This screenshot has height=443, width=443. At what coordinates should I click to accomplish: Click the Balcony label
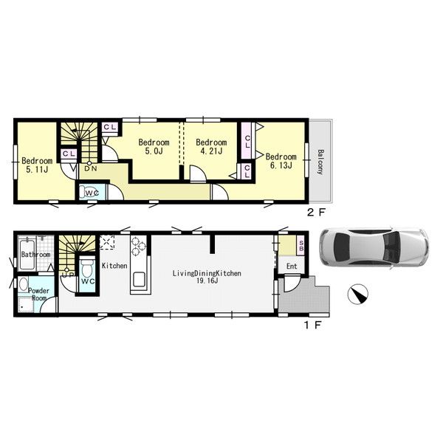(x=320, y=162)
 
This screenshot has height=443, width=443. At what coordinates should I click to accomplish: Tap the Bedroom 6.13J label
(x=281, y=161)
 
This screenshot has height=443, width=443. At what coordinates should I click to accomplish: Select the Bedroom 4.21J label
(x=211, y=146)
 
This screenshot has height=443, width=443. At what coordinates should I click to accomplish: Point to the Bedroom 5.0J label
(x=154, y=146)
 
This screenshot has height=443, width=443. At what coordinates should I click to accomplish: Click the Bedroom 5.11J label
(x=37, y=165)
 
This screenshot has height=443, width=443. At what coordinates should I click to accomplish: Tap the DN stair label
(x=91, y=168)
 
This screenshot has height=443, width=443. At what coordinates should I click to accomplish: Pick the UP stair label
(x=68, y=275)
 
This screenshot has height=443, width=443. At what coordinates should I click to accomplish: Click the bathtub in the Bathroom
(x=27, y=254)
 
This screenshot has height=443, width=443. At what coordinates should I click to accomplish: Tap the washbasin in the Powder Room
(x=23, y=284)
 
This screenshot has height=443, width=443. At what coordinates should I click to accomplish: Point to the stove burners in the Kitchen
(x=138, y=246)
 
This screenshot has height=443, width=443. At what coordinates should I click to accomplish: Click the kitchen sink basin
(x=139, y=279)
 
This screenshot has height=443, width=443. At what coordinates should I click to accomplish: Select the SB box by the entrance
(x=301, y=246)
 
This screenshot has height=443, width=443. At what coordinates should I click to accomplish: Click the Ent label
(x=292, y=266)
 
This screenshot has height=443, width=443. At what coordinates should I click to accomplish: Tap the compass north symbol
(x=357, y=294)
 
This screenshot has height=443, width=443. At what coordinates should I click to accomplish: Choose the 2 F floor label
(x=317, y=212)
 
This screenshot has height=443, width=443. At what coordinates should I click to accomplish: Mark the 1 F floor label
(x=312, y=325)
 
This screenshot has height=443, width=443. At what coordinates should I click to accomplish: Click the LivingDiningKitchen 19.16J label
(x=207, y=277)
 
